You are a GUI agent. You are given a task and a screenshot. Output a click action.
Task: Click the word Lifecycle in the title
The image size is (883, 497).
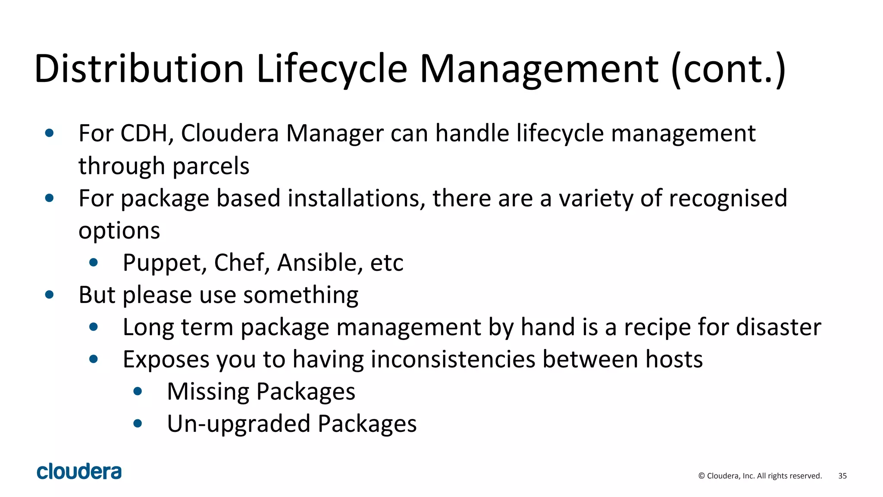tap(332, 69)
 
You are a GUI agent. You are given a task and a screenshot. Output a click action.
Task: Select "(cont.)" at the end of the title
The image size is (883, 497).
tap(728, 69)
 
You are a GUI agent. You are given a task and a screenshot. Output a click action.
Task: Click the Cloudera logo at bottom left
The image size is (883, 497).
tap(79, 472)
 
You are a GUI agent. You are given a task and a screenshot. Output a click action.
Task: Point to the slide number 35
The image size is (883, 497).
tap(842, 476)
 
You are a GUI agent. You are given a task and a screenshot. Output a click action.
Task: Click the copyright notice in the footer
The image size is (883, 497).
tap(760, 476)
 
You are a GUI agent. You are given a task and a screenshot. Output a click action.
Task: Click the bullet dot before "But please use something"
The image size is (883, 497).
tap(50, 295)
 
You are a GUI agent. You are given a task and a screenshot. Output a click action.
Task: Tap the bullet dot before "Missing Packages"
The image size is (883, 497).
tap(138, 392)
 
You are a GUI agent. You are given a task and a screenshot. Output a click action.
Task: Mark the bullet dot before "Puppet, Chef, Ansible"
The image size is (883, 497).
tap(94, 263)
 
